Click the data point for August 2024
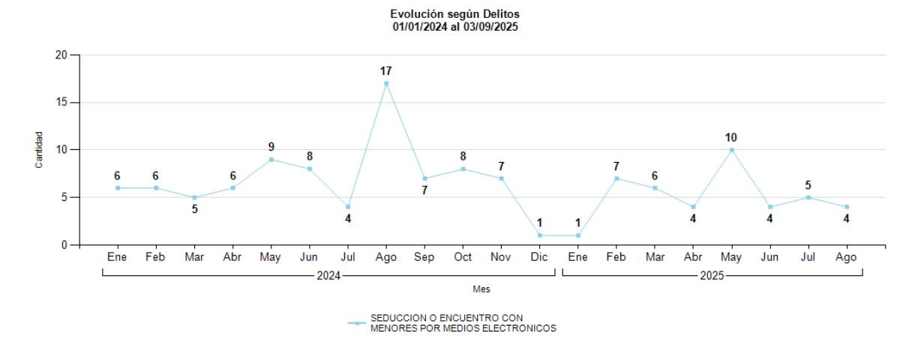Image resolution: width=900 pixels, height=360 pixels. [x=386, y=83]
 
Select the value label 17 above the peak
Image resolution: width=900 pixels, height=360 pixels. [x=386, y=71]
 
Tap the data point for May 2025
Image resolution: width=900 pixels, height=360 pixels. [x=732, y=149]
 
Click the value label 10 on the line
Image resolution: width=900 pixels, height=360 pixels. [x=732, y=137]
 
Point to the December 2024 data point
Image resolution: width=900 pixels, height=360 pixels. [x=540, y=235]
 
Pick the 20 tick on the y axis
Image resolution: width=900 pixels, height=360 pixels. [x=61, y=55]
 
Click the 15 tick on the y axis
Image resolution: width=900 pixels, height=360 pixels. [x=61, y=103]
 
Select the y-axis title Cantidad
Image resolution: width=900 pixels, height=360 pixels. [x=39, y=150]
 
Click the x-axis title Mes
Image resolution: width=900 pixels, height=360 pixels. [x=481, y=289]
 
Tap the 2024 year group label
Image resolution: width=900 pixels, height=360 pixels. [x=328, y=275]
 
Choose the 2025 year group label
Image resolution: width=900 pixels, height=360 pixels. [x=712, y=275]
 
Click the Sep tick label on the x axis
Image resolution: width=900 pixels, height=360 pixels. [x=424, y=257]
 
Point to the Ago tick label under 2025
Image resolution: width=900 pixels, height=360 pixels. [x=847, y=257]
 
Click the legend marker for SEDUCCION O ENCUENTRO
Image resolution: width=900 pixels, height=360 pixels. [x=357, y=323]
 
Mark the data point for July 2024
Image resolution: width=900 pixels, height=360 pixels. [x=348, y=207]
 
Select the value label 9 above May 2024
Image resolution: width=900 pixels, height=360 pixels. [x=271, y=147]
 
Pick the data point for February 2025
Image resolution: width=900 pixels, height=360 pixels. [x=616, y=178]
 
